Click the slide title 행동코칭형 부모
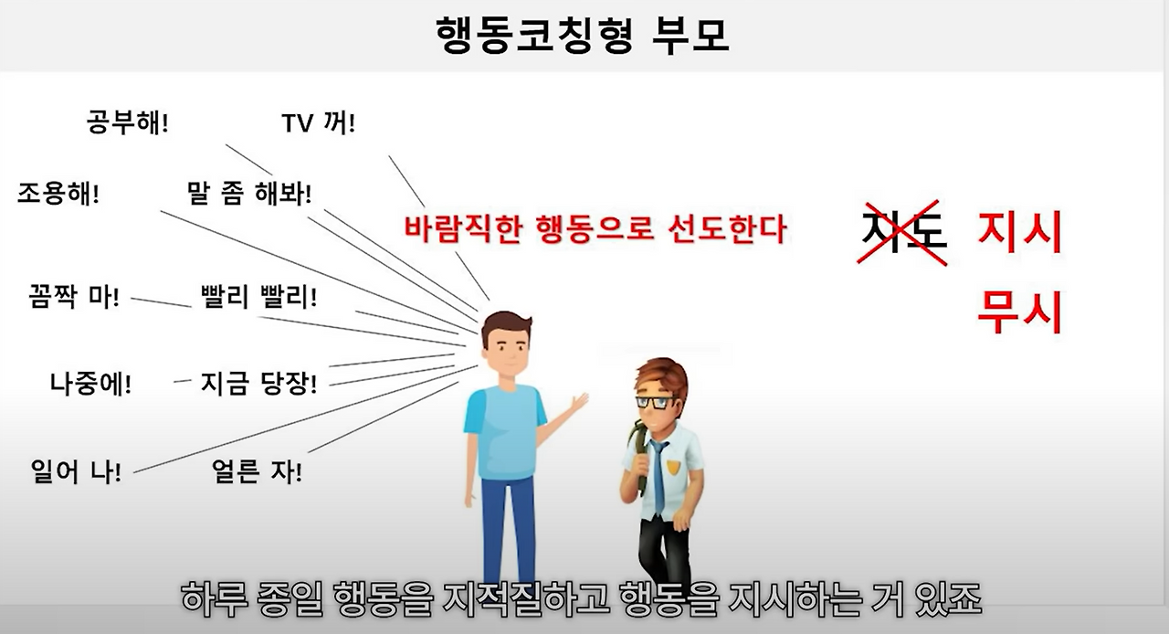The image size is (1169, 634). click(584, 34)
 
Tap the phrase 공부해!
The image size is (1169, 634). click(128, 122)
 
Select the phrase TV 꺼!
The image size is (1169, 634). click(319, 122)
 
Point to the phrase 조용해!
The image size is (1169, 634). click(58, 194)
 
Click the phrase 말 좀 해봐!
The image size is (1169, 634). click(248, 194)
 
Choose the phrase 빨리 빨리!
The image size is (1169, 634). click(258, 298)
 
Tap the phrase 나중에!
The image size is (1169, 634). click(90, 383)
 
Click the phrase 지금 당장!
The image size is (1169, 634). click(258, 383)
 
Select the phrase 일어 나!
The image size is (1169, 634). click(76, 474)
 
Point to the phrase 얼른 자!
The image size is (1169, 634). click(257, 474)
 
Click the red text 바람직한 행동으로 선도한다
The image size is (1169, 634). click(595, 228)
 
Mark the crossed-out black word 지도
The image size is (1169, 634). click(902, 232)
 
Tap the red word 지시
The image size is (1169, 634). click(1020, 232)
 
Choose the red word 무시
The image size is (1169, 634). click(1020, 312)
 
